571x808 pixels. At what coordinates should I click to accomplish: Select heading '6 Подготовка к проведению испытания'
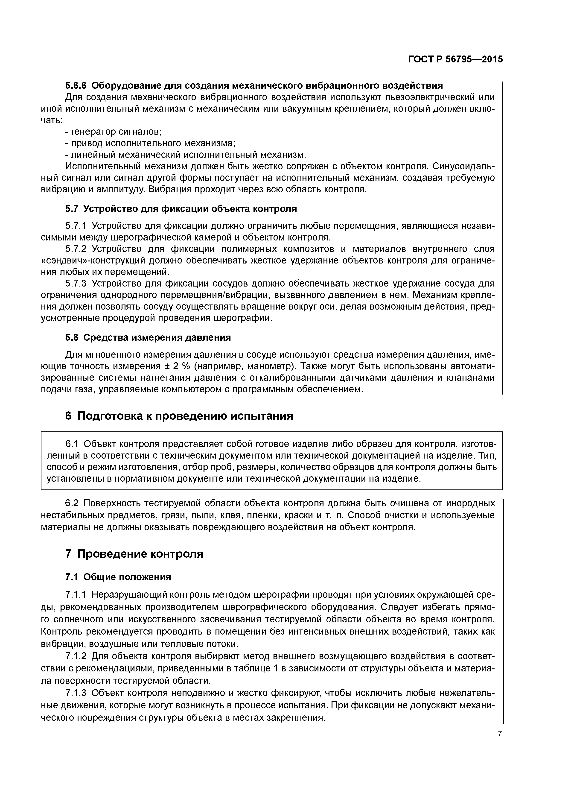pyautogui.click(x=179, y=416)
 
